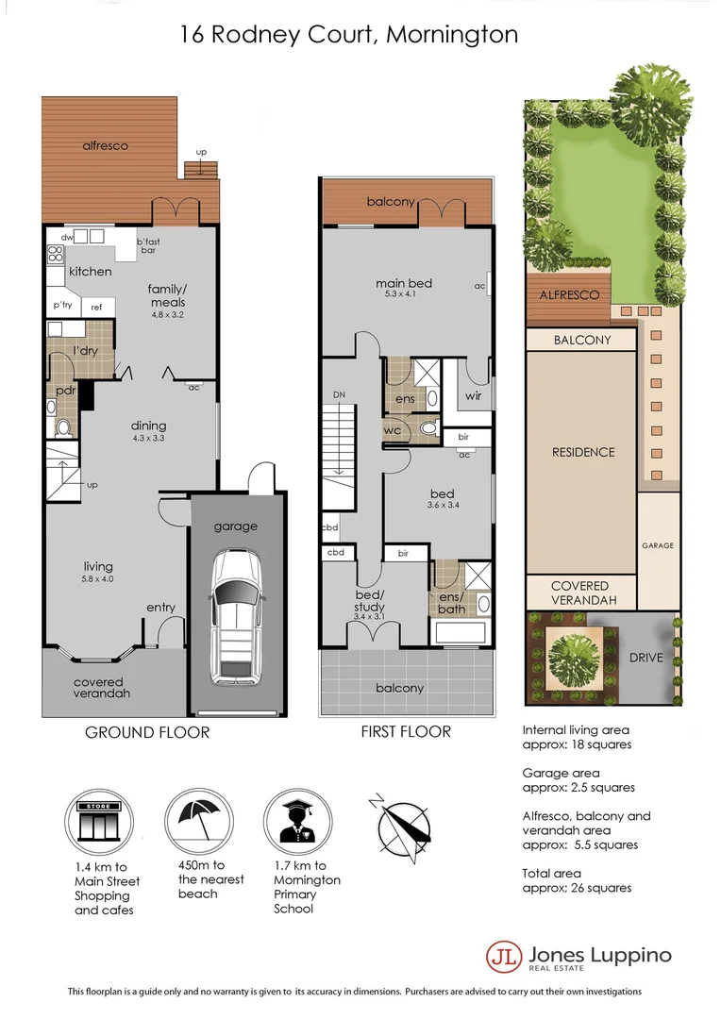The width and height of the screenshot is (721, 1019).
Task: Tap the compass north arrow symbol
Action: point(402,827)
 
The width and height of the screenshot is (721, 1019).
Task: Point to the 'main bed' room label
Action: point(404,283)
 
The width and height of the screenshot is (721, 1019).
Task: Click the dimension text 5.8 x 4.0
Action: point(97,578)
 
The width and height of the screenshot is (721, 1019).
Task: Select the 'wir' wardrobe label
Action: point(473,396)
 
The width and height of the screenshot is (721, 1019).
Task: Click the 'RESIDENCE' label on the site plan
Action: point(582,452)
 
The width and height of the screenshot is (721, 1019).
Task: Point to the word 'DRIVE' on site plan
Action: point(647,658)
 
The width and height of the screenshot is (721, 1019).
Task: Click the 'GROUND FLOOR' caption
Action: point(147,732)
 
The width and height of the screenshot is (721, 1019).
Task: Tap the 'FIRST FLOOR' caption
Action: point(407,731)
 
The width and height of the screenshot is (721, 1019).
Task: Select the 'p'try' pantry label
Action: point(63,306)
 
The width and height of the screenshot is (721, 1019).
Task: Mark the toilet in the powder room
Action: point(63,427)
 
